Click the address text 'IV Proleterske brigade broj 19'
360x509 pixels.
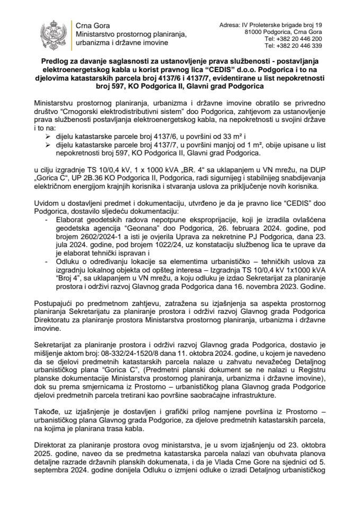(286, 25)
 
